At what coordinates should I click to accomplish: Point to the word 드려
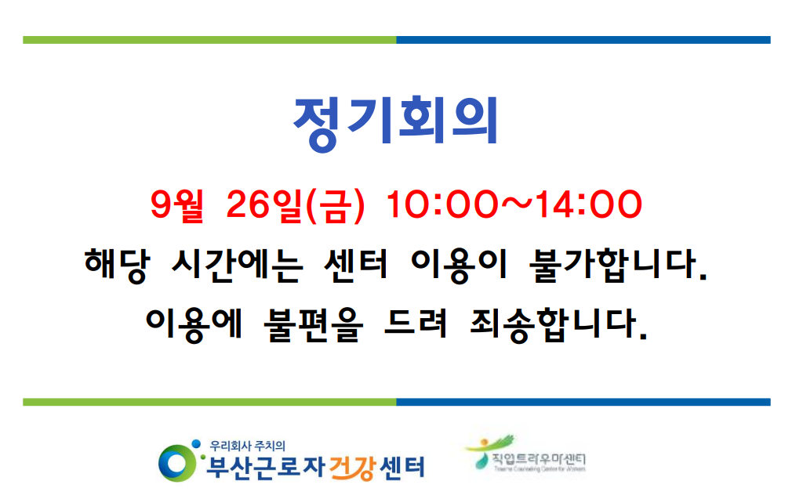[x=415, y=322]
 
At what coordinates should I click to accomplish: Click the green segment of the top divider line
[x=209, y=40]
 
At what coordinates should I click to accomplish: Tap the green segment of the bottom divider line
[x=209, y=402]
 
